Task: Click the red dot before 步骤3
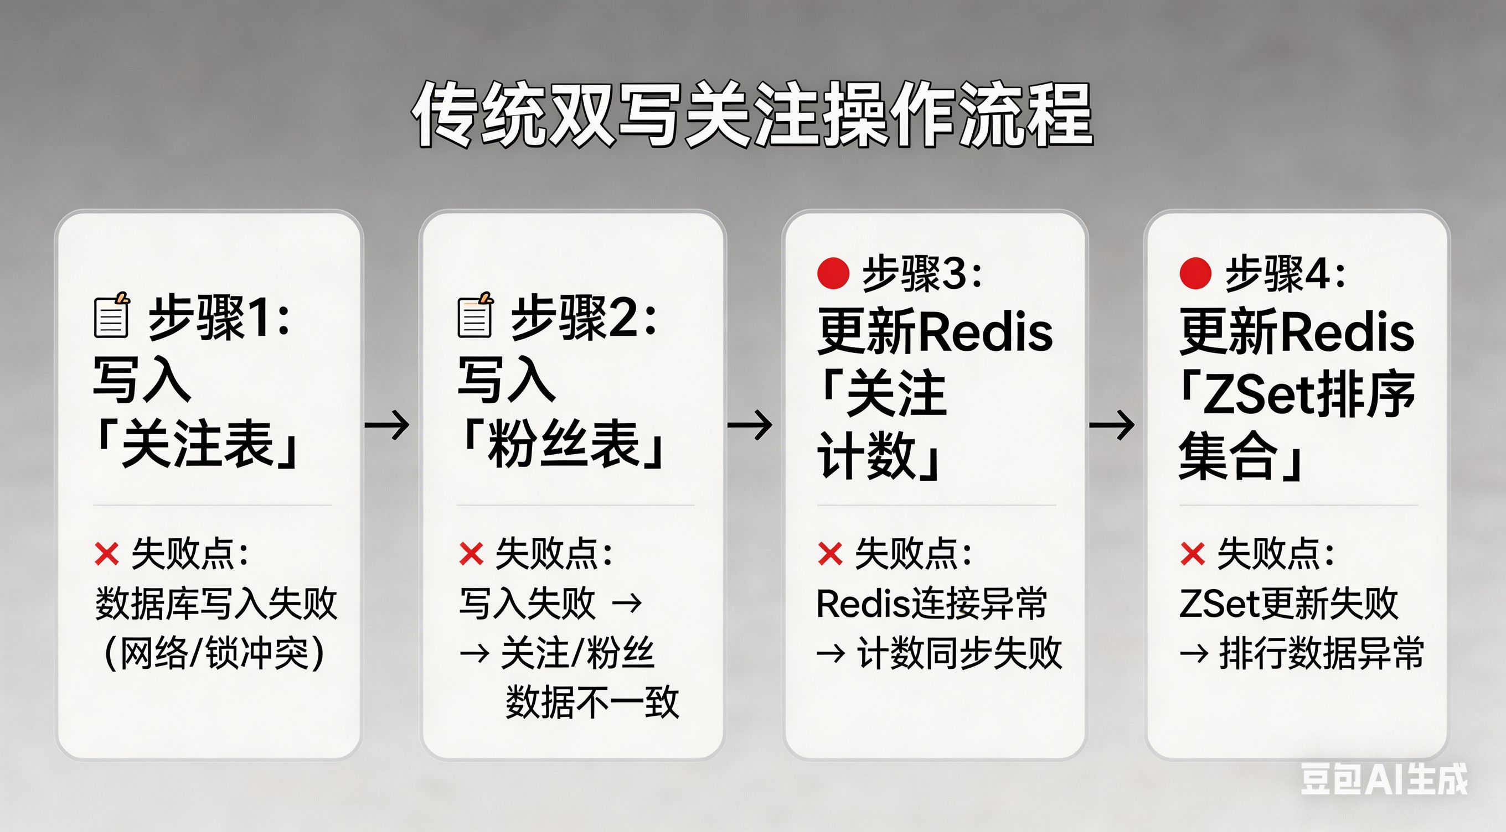coord(833,273)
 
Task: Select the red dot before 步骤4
coord(1195,273)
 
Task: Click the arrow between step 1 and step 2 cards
coord(387,425)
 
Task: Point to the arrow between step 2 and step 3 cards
coord(750,425)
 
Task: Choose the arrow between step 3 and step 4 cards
coord(1112,425)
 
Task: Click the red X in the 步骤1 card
coord(107,553)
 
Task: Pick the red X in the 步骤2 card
coord(471,553)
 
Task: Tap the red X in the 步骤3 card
coord(830,553)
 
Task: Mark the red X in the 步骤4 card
coord(1193,553)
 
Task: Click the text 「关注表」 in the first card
coord(198,445)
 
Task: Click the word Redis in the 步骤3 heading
coord(986,332)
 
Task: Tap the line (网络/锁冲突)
coord(214,653)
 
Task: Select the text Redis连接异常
coord(931,604)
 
